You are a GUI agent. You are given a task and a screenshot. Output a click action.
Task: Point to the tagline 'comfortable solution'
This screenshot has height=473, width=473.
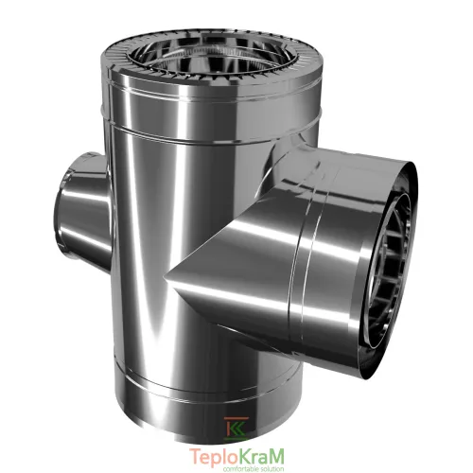(254, 469)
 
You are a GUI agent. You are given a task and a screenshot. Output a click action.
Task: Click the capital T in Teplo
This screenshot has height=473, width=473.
(195, 456)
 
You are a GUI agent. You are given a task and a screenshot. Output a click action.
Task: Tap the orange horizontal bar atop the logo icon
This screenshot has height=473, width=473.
(236, 418)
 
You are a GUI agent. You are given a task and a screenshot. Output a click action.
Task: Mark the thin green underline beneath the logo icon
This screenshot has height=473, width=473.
(236, 438)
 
